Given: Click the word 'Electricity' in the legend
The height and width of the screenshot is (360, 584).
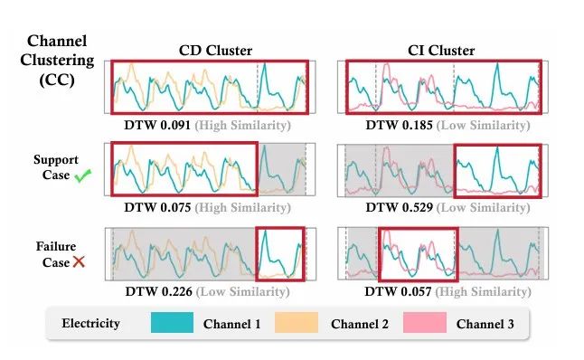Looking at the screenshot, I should click(x=90, y=323).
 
